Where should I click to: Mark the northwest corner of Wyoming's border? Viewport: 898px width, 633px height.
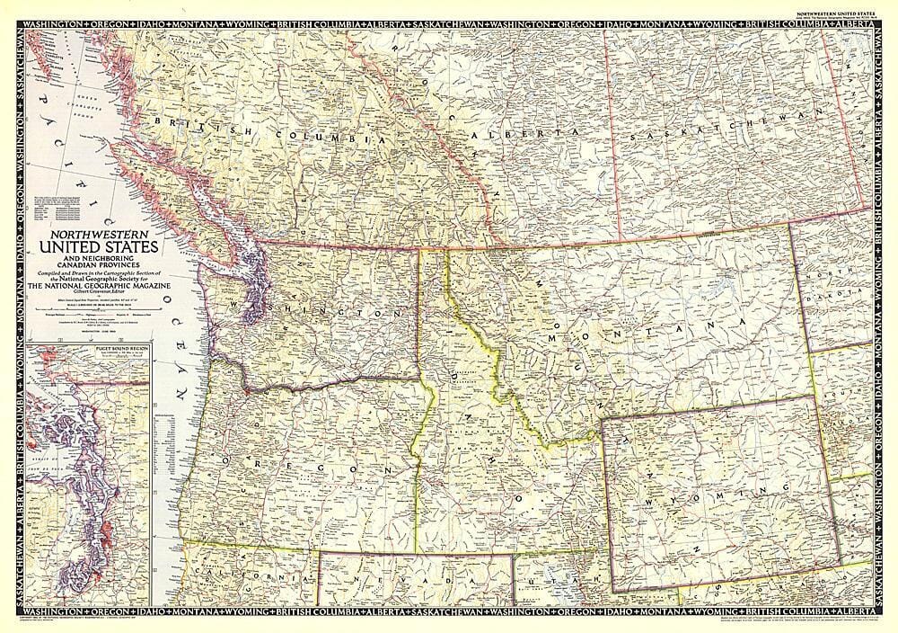pyautogui.click(x=602, y=420)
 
